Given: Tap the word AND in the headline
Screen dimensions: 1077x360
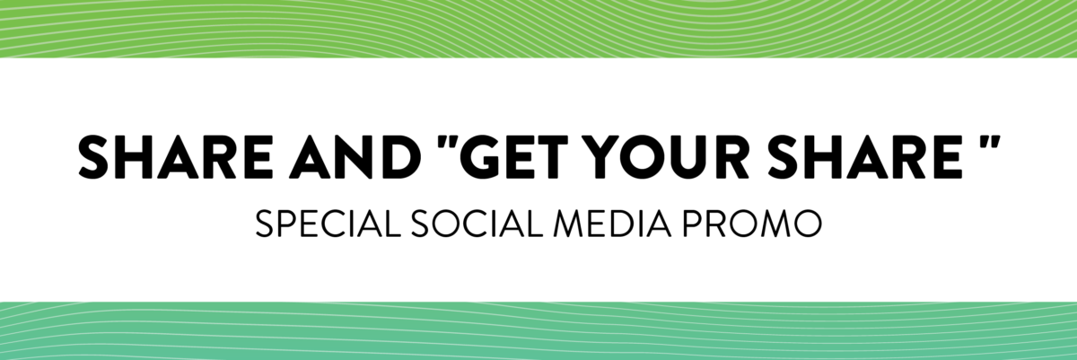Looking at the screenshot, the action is (355, 158).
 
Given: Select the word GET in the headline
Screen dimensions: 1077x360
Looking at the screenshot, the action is (512, 158).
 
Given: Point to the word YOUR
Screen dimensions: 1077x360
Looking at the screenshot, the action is (669, 158).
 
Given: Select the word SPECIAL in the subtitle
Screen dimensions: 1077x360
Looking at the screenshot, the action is (328, 224).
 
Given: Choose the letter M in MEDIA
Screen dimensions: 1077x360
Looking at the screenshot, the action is (569, 224).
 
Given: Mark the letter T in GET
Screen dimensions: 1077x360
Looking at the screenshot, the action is (549, 158).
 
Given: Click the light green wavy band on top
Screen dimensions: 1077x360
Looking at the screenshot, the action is (538, 29).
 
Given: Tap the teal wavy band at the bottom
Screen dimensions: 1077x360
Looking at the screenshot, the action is (538, 331).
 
